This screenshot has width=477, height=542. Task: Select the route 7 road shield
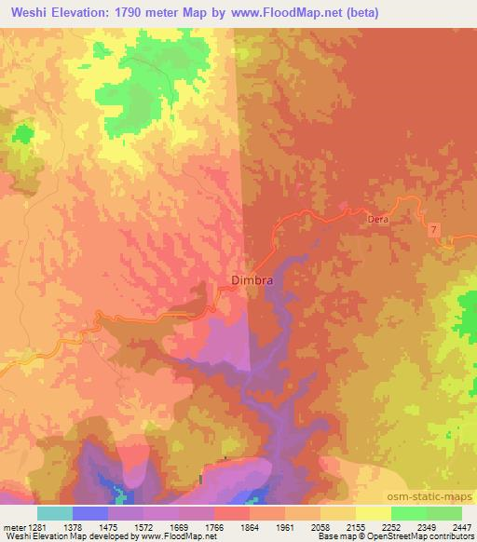(433, 229)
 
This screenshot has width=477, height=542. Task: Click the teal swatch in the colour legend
(54, 513)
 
